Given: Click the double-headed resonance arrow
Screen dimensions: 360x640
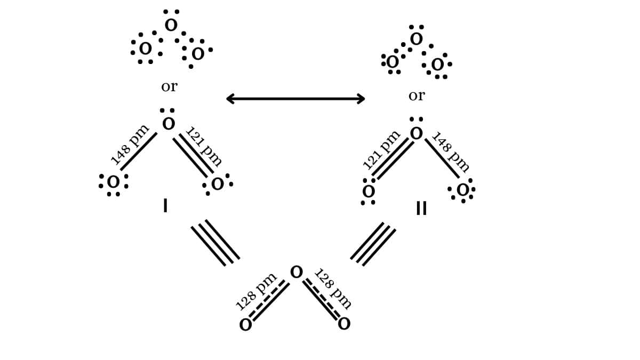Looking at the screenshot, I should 295,99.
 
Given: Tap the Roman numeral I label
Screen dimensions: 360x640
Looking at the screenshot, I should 165,206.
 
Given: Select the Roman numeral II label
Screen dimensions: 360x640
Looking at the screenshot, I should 421,209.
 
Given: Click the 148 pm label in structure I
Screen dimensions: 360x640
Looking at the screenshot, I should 130,144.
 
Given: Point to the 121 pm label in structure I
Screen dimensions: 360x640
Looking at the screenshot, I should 204,146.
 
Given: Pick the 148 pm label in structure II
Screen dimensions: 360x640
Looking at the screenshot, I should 451,152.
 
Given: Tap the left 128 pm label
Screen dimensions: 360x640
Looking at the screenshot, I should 256,291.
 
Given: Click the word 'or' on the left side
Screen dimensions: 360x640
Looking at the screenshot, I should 169,86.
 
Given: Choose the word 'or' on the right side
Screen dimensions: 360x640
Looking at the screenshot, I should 417,96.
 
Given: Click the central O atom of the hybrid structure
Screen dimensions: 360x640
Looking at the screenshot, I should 297,273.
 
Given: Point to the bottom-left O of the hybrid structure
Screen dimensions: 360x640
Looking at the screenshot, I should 245,325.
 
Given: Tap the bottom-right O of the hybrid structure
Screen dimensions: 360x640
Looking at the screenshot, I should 344,324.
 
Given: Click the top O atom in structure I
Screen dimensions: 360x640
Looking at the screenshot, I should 169,124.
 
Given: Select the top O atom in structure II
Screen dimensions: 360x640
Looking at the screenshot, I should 417,133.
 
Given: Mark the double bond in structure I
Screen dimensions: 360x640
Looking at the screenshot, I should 193,155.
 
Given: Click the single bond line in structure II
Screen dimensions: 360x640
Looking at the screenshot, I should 442,158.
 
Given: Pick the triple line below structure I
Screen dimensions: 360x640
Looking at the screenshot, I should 215,243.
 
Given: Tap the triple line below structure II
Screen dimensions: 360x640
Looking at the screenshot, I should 373,244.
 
